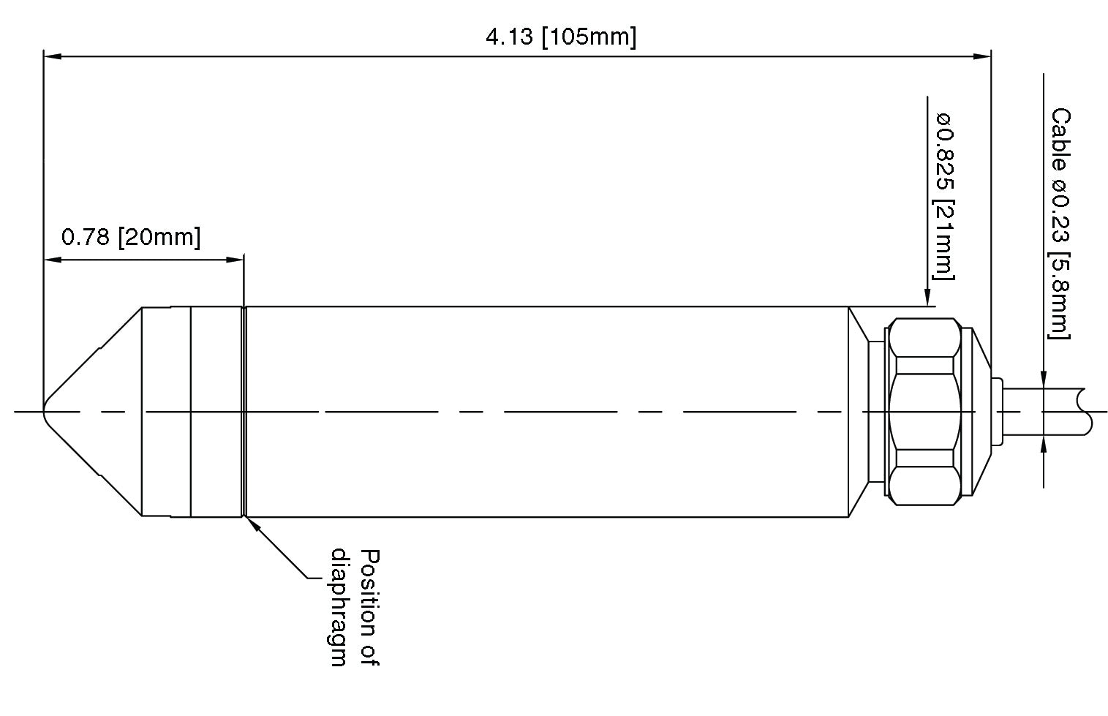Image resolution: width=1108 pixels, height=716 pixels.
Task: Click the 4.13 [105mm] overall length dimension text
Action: [561, 37]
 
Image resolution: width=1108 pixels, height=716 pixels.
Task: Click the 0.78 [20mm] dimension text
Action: [130, 238]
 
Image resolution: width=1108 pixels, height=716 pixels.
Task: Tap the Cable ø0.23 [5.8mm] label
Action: [1060, 223]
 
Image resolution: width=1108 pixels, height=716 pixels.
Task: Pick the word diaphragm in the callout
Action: [339, 607]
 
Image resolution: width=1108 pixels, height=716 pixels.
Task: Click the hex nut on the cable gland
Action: [924, 411]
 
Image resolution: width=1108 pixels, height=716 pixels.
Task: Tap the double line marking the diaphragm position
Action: [244, 411]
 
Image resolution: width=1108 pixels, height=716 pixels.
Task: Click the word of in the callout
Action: [372, 653]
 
